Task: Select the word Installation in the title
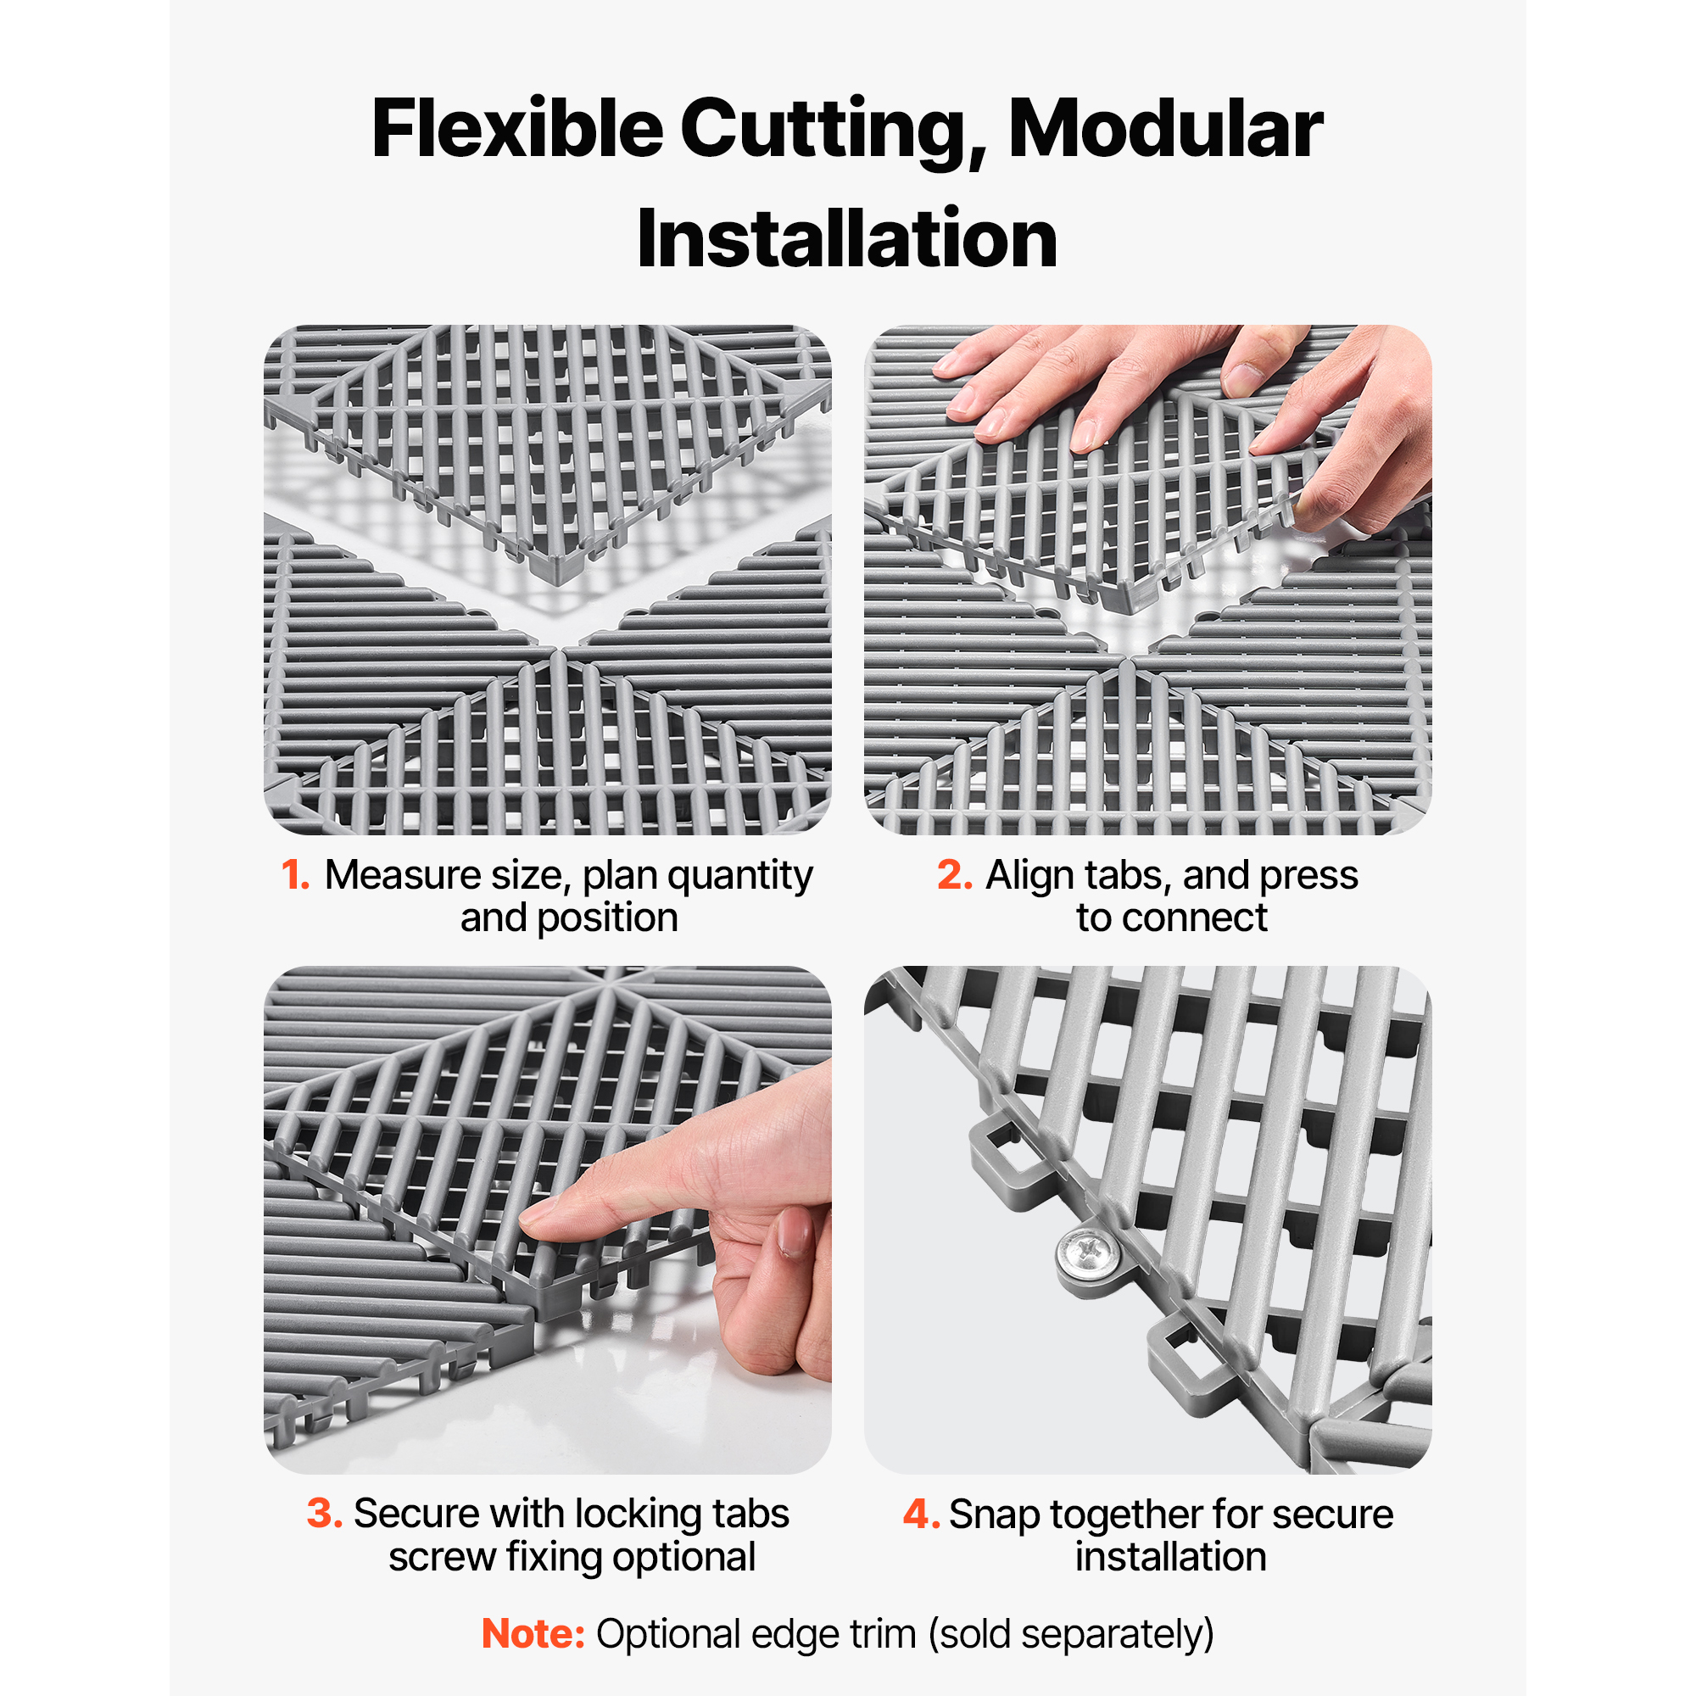[847, 239]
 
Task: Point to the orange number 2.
[954, 875]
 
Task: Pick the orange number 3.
[325, 1514]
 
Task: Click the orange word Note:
[533, 1634]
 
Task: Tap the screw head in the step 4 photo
[1086, 1247]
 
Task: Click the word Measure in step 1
[403, 875]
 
